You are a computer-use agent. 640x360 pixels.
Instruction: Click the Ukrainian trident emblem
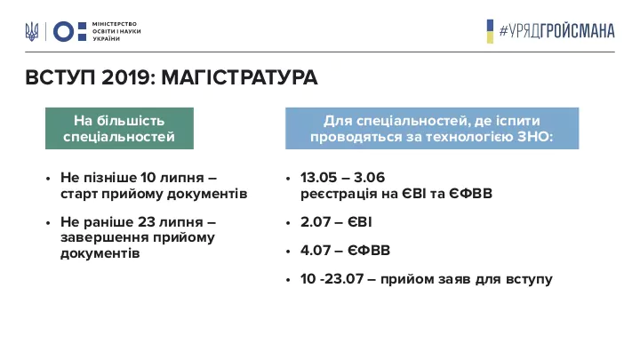32,31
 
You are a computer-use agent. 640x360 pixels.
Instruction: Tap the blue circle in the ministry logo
64,31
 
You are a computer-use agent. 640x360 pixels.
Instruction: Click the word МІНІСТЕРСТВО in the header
115,24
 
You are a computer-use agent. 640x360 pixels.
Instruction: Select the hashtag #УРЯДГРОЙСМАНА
556,31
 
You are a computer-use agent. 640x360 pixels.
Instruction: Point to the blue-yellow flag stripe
490,31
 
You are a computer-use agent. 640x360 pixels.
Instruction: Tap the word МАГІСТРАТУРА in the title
239,77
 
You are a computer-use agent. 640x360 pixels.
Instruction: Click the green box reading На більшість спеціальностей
119,128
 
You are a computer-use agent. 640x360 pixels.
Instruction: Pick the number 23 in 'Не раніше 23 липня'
147,222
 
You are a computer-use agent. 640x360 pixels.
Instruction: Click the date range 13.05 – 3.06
342,178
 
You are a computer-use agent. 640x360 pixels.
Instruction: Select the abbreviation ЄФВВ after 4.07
369,250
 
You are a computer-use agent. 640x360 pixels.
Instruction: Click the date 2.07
316,222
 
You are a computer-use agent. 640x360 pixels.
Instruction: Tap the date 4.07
316,250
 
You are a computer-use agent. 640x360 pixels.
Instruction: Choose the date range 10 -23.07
332,279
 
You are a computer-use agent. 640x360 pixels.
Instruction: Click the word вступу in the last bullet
529,280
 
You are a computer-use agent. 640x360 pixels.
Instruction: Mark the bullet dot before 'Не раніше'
48,223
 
